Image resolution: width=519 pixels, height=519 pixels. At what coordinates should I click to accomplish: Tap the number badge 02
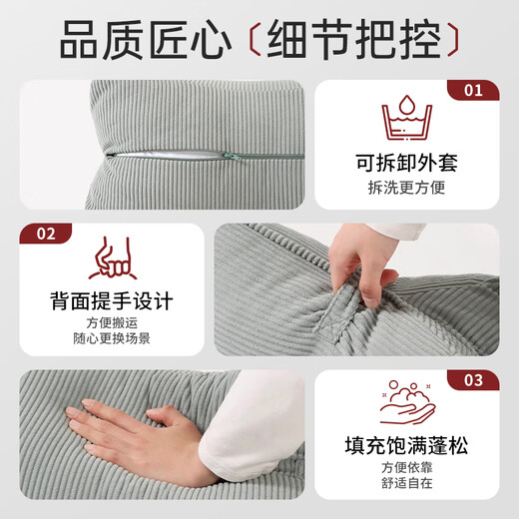tap(46, 235)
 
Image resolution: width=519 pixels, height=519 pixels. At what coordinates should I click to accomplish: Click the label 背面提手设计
tap(111, 300)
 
